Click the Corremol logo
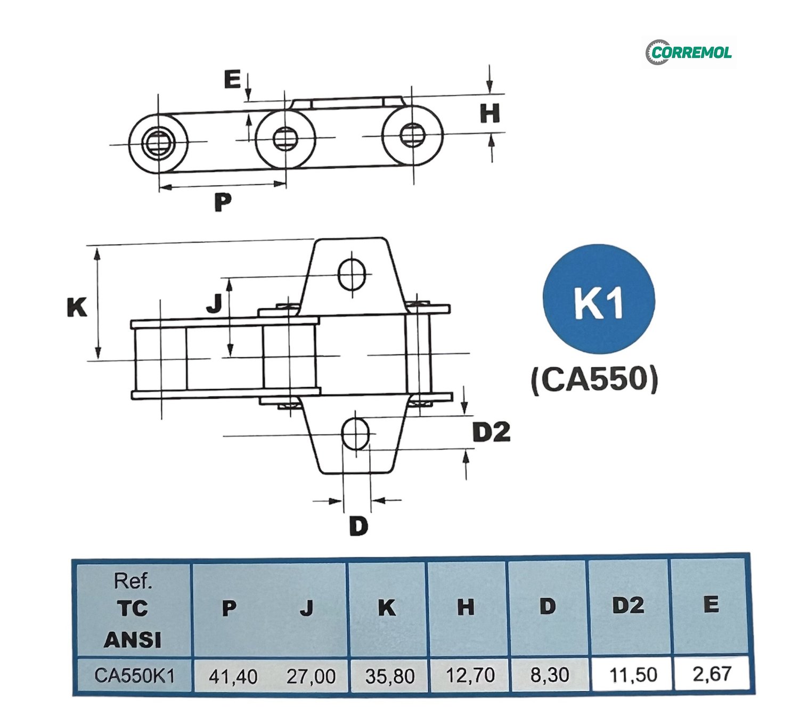tap(689, 52)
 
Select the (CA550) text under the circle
tap(594, 380)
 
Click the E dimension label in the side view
tap(232, 80)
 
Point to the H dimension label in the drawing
tap(490, 113)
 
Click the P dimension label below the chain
tap(223, 202)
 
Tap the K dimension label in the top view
tap(77, 307)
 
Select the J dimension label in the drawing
tap(214, 303)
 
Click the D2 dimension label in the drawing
tap(491, 432)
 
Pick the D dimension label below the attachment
tap(358, 526)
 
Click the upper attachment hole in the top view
tap(352, 274)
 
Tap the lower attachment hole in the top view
tap(355, 434)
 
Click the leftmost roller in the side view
tap(158, 143)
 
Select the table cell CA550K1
tap(134, 675)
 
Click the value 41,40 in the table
tap(233, 676)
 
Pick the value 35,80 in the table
tap(389, 676)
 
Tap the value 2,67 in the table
tap(711, 674)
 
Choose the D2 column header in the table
tap(628, 606)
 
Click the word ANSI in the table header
tap(133, 640)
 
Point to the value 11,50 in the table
tap(632, 675)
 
